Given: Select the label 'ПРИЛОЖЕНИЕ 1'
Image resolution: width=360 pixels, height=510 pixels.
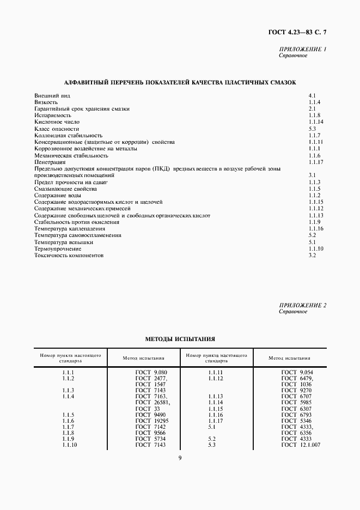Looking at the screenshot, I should point(302,50).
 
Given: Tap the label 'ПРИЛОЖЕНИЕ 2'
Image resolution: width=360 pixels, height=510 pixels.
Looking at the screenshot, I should point(302,306).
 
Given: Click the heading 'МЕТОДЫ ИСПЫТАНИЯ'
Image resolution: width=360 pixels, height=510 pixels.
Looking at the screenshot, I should point(180,339).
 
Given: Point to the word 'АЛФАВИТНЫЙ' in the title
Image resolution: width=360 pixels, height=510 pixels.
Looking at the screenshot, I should point(85,82).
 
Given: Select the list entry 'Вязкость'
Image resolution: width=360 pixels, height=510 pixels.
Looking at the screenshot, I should point(46,102).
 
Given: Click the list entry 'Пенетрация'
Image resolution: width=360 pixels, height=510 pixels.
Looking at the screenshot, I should point(50,162).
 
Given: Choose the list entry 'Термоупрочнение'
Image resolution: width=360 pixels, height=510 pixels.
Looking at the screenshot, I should point(58,248).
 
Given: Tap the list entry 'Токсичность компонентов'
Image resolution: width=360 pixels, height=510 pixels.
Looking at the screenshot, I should point(69,255).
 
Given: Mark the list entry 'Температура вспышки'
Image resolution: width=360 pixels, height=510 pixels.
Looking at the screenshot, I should point(64,242).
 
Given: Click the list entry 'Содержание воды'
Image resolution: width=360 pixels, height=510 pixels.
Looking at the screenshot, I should point(56,195).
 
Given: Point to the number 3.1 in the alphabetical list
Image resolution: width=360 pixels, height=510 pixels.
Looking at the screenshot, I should point(312,175).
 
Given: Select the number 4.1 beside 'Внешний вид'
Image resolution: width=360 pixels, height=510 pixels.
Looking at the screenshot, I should point(312,95).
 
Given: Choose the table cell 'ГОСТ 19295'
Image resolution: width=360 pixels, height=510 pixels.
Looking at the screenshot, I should point(152,421).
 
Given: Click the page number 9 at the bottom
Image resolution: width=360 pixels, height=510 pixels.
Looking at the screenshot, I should point(180,458).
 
